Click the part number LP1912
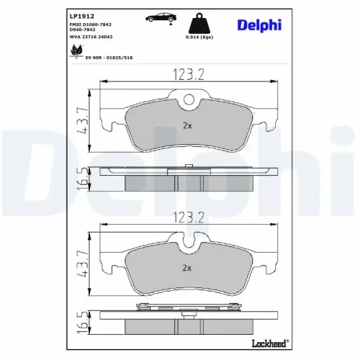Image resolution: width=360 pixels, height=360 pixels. point(82,17)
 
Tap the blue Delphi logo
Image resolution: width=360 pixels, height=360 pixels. point(259,25)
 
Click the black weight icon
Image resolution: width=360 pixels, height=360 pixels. point(199,23)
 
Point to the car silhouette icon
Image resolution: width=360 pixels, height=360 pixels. point(161,19)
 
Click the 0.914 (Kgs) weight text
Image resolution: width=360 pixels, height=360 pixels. point(199,37)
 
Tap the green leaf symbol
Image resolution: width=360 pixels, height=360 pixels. point(77,50)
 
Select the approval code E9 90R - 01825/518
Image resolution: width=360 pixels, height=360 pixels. point(109,58)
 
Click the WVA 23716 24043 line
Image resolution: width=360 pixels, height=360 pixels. point(91,37)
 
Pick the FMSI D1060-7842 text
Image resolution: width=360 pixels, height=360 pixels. point(91,24)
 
